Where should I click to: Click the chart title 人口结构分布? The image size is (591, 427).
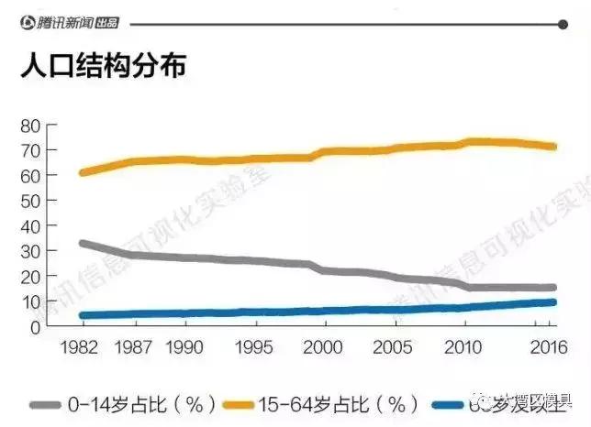tap(102, 66)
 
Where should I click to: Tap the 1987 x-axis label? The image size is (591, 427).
tap(135, 350)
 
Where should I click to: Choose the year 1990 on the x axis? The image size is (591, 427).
tap(186, 350)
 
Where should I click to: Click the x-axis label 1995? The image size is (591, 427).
tap(251, 350)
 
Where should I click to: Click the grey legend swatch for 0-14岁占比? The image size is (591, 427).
tap(46, 403)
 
